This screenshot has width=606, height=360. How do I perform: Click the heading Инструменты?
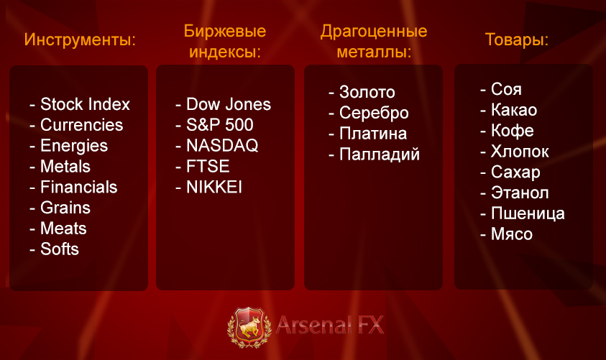pyautogui.click(x=80, y=40)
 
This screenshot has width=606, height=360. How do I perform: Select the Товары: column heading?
pyautogui.click(x=517, y=40)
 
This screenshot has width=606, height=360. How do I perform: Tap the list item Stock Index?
pyautogui.click(x=85, y=104)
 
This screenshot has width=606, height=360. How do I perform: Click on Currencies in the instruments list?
pyautogui.click(x=81, y=125)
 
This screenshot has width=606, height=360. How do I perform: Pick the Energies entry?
pyautogui.click(x=74, y=146)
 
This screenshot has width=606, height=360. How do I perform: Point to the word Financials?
pyautogui.click(x=79, y=187)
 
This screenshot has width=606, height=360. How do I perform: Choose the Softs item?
pyautogui.click(x=60, y=249)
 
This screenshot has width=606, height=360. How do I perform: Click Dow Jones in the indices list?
pyautogui.click(x=229, y=104)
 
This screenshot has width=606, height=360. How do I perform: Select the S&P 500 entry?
pyautogui.click(x=219, y=125)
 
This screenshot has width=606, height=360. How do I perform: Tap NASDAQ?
pyautogui.click(x=222, y=146)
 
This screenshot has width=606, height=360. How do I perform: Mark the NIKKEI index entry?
pyautogui.click(x=214, y=187)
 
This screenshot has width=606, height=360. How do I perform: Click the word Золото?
pyautogui.click(x=367, y=92)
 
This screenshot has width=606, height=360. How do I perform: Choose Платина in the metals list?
pyautogui.click(x=373, y=134)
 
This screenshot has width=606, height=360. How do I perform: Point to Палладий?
pyautogui.click(x=380, y=154)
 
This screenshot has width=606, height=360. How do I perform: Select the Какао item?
pyautogui.click(x=514, y=110)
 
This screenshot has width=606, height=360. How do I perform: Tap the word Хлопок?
pyautogui.click(x=520, y=152)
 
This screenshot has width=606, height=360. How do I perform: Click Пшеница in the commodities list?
pyautogui.click(x=528, y=213)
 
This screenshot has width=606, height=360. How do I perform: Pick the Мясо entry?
pyautogui.click(x=512, y=234)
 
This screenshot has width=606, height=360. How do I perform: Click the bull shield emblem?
pyautogui.click(x=249, y=327)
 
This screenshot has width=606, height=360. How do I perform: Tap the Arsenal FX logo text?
pyautogui.click(x=330, y=325)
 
